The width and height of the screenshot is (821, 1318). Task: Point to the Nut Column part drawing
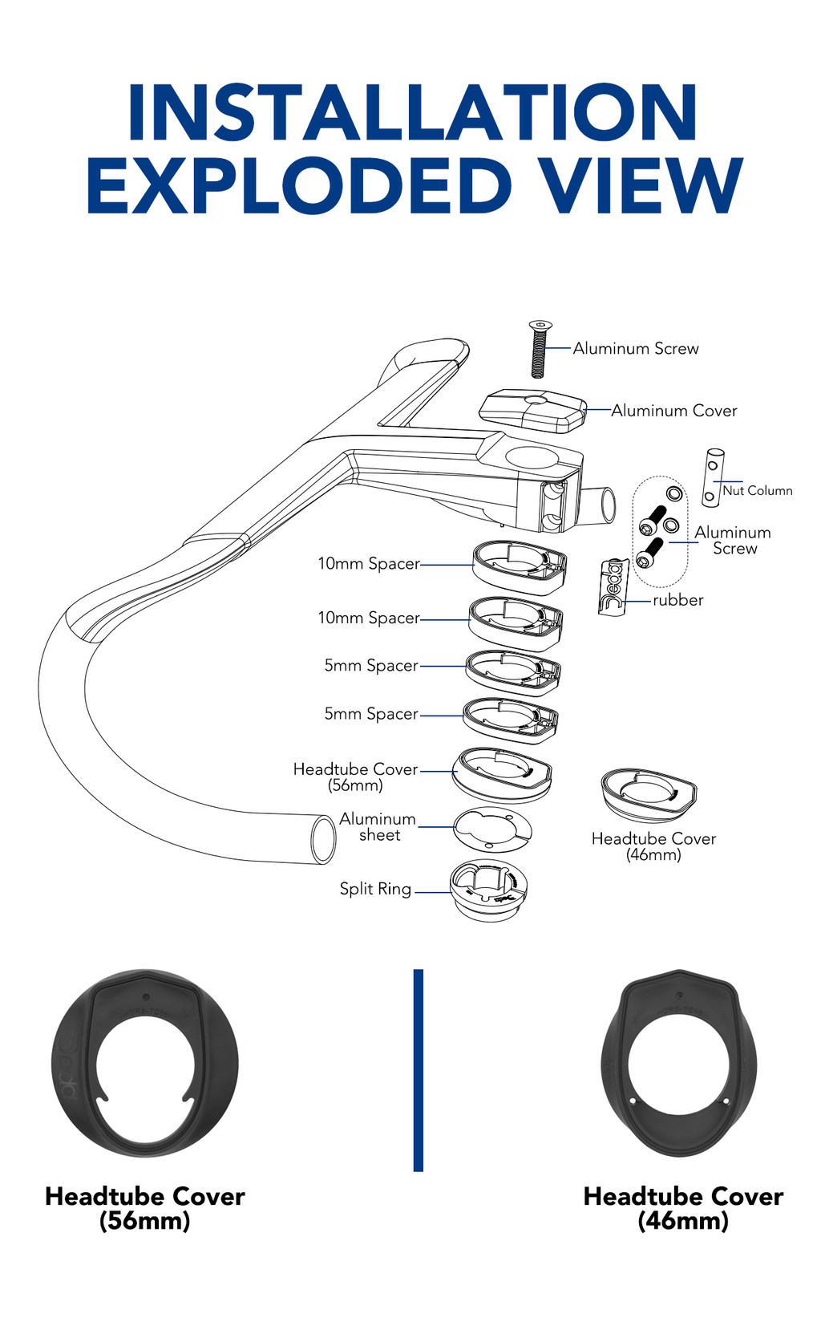pos(712,477)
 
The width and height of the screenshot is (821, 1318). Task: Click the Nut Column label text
pos(758,490)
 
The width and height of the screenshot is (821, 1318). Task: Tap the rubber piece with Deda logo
pos(613,586)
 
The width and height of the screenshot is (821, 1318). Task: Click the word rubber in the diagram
pos(677,600)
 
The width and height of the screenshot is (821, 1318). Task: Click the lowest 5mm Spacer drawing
pos(511,716)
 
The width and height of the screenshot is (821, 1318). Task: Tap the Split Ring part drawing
pos(488,890)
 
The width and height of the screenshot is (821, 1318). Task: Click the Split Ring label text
pos(375,889)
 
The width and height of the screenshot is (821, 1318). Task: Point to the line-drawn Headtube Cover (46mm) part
pos(649,793)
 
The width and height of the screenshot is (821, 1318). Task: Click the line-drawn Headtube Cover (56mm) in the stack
pos(503,773)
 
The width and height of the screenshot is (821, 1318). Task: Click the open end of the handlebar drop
pos(323,839)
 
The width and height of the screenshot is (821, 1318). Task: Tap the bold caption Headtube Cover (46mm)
pos(683,1208)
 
